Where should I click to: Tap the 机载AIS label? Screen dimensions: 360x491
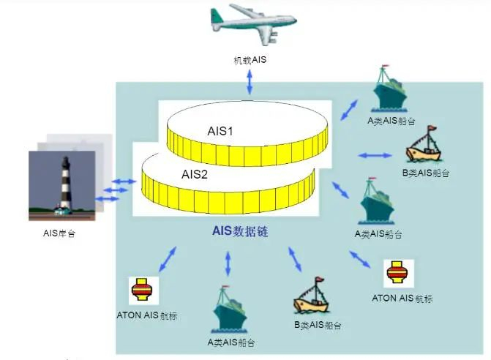point(250,59)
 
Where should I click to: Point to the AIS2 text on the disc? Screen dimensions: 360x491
point(195,174)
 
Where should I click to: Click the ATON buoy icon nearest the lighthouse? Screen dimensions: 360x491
point(140,290)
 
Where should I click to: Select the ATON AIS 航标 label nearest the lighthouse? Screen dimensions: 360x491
point(147,316)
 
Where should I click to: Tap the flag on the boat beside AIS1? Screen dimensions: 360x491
point(432,131)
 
